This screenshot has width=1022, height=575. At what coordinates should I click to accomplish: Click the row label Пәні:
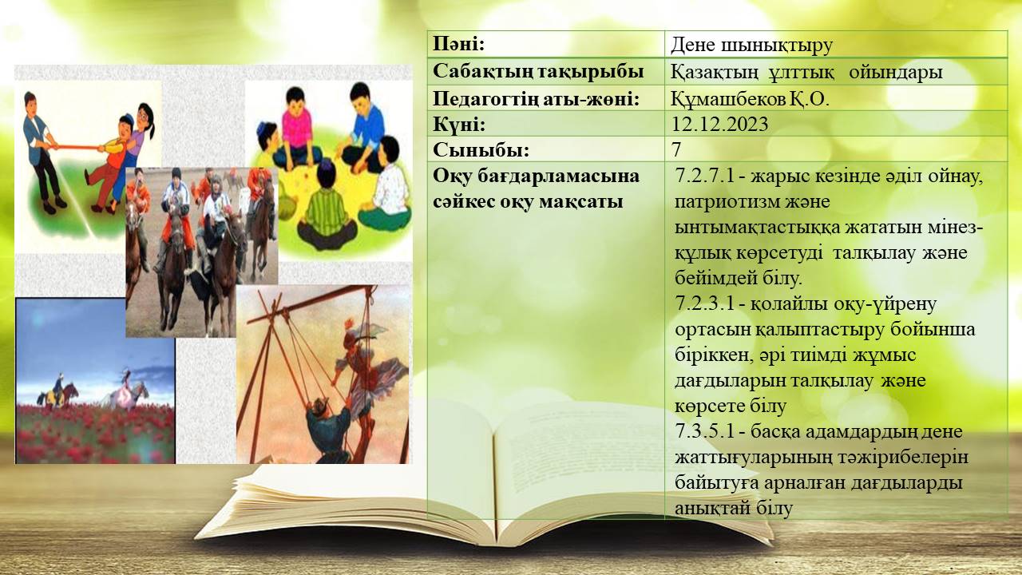458,45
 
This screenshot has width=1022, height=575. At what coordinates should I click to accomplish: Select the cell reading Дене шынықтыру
752,46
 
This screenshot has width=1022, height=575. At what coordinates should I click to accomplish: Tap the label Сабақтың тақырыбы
538,72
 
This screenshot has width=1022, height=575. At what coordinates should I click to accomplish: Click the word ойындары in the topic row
896,72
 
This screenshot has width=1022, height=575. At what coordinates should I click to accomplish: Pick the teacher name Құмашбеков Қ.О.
750,98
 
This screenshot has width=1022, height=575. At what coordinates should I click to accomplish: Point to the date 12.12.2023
720,124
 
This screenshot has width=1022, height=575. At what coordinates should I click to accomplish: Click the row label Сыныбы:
481,150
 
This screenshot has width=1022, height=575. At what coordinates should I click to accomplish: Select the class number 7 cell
676,149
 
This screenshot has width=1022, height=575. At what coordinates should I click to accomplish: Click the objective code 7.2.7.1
704,176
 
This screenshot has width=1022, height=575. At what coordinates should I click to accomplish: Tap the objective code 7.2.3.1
704,303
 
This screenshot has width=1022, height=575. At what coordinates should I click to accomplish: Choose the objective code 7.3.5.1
704,431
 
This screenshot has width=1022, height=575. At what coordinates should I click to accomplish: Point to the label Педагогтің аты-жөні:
536,99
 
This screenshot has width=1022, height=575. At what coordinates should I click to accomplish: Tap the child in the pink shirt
295,128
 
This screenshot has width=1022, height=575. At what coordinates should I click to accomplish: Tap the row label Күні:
459,125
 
